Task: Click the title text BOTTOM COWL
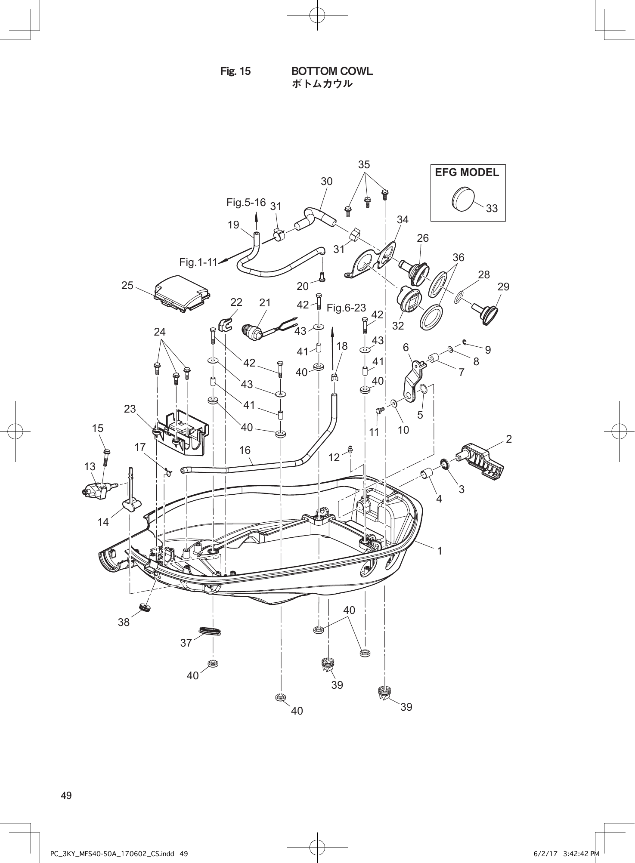(332, 71)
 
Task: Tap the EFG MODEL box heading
(467, 173)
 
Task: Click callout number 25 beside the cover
(127, 286)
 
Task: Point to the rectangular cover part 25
(182, 293)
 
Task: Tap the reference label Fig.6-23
(346, 308)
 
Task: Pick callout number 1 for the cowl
(440, 551)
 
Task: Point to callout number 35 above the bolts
(364, 165)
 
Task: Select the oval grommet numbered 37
(210, 631)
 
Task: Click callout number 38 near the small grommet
(124, 622)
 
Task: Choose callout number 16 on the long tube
(245, 450)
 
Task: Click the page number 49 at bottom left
(66, 795)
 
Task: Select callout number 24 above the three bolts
(160, 332)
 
